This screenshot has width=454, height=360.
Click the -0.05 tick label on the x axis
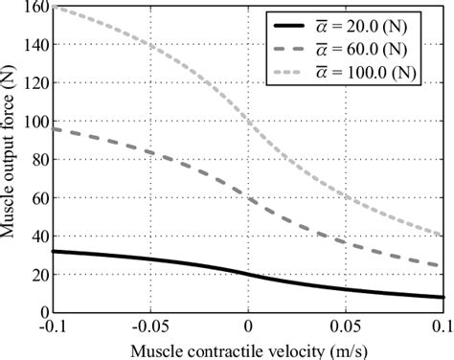coord(149,326)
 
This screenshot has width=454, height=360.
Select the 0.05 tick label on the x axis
coord(345,326)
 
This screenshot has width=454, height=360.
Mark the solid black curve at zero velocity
coord(247,275)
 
